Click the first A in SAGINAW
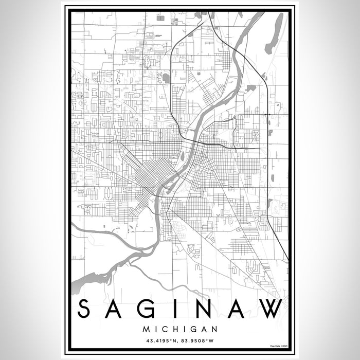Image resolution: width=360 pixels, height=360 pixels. (117, 309)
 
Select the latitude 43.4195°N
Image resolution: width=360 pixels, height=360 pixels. (159, 339)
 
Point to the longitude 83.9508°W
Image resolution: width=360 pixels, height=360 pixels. (201, 339)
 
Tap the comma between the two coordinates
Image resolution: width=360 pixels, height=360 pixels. (178, 340)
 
